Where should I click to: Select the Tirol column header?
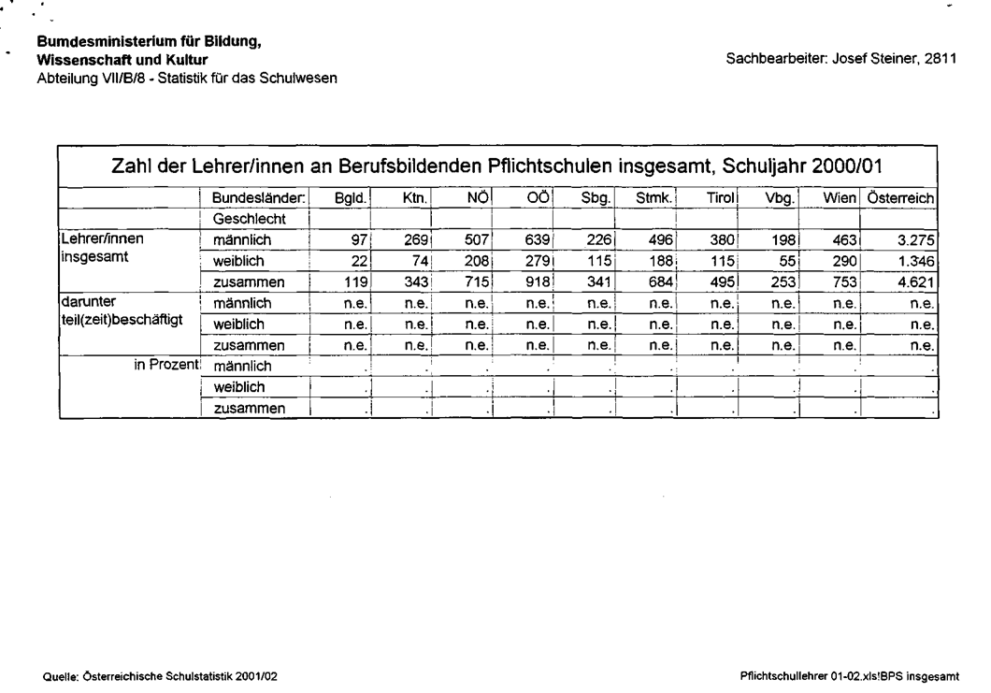click(722, 198)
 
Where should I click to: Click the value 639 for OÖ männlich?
click(538, 240)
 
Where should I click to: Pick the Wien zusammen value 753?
click(844, 282)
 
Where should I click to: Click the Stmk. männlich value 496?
click(659, 240)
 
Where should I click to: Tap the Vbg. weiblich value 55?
click(785, 261)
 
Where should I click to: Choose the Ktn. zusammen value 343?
click(415, 282)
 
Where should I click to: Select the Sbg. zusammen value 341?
click(598, 282)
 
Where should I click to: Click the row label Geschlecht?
click(249, 219)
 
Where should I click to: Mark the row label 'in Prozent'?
click(166, 365)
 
